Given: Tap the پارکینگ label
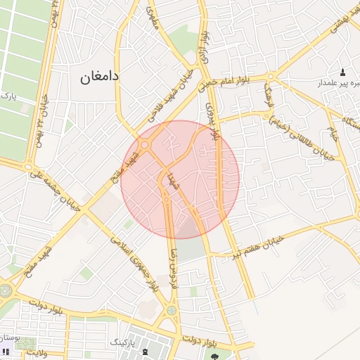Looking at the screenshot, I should coord(126,342).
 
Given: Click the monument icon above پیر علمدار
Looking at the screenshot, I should coord(343,72).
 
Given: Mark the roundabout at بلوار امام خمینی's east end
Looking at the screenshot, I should coord(271,77).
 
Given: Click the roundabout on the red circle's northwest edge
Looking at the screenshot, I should coord(145,145).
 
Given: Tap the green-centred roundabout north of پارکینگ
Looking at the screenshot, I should coord(172,310).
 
